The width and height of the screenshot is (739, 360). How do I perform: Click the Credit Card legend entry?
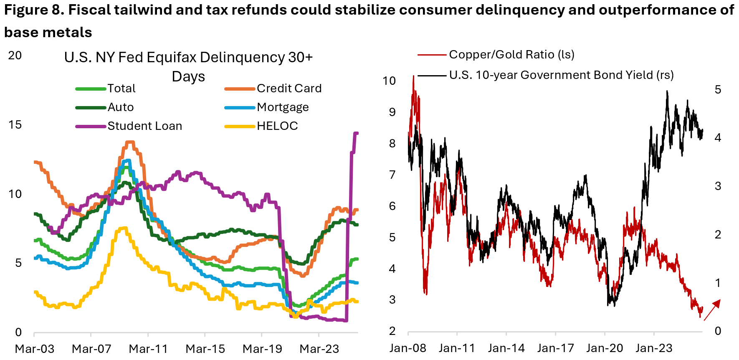pos(289,89)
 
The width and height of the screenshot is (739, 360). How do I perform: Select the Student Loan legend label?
pos(144,126)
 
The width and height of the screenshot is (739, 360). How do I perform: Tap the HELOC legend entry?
pos(277,126)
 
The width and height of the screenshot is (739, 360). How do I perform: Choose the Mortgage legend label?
pos(283,107)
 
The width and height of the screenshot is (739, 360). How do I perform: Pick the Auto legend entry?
pos(121,107)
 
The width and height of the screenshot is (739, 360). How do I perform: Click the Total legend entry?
pos(121,89)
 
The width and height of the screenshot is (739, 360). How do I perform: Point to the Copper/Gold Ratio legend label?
pos(511,55)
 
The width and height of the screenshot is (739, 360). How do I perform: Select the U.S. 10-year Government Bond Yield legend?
pos(561,75)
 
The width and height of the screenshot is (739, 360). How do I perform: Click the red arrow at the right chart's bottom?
pos(712,310)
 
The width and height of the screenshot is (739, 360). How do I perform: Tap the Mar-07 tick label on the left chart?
pos(91,349)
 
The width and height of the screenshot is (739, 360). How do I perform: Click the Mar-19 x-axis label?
pos(262,349)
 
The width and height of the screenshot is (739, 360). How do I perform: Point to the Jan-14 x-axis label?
pos(506,348)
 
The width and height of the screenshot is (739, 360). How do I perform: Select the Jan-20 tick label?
pos(605,348)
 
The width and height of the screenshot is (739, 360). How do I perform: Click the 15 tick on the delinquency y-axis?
pos(15,125)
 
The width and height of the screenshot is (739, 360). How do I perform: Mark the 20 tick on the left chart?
pos(15,56)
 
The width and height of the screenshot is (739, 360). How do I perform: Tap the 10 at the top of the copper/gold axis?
pos(389,81)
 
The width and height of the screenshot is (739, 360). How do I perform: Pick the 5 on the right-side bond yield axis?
pos(718,90)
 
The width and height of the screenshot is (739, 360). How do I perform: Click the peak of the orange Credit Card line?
pos(130,142)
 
